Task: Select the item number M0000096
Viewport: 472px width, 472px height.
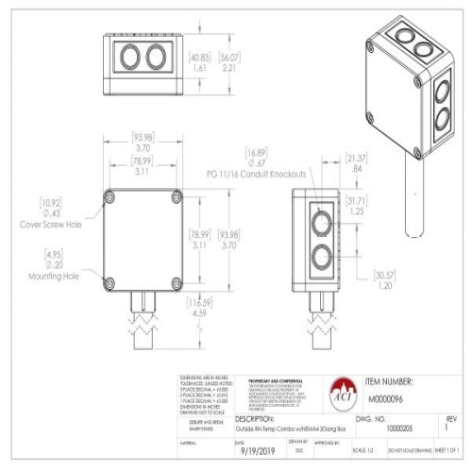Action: tap(391, 397)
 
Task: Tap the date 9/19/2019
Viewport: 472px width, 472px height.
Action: tap(257, 451)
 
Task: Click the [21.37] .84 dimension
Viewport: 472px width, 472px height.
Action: tap(356, 162)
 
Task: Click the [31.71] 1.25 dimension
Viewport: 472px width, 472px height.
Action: tap(357, 206)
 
